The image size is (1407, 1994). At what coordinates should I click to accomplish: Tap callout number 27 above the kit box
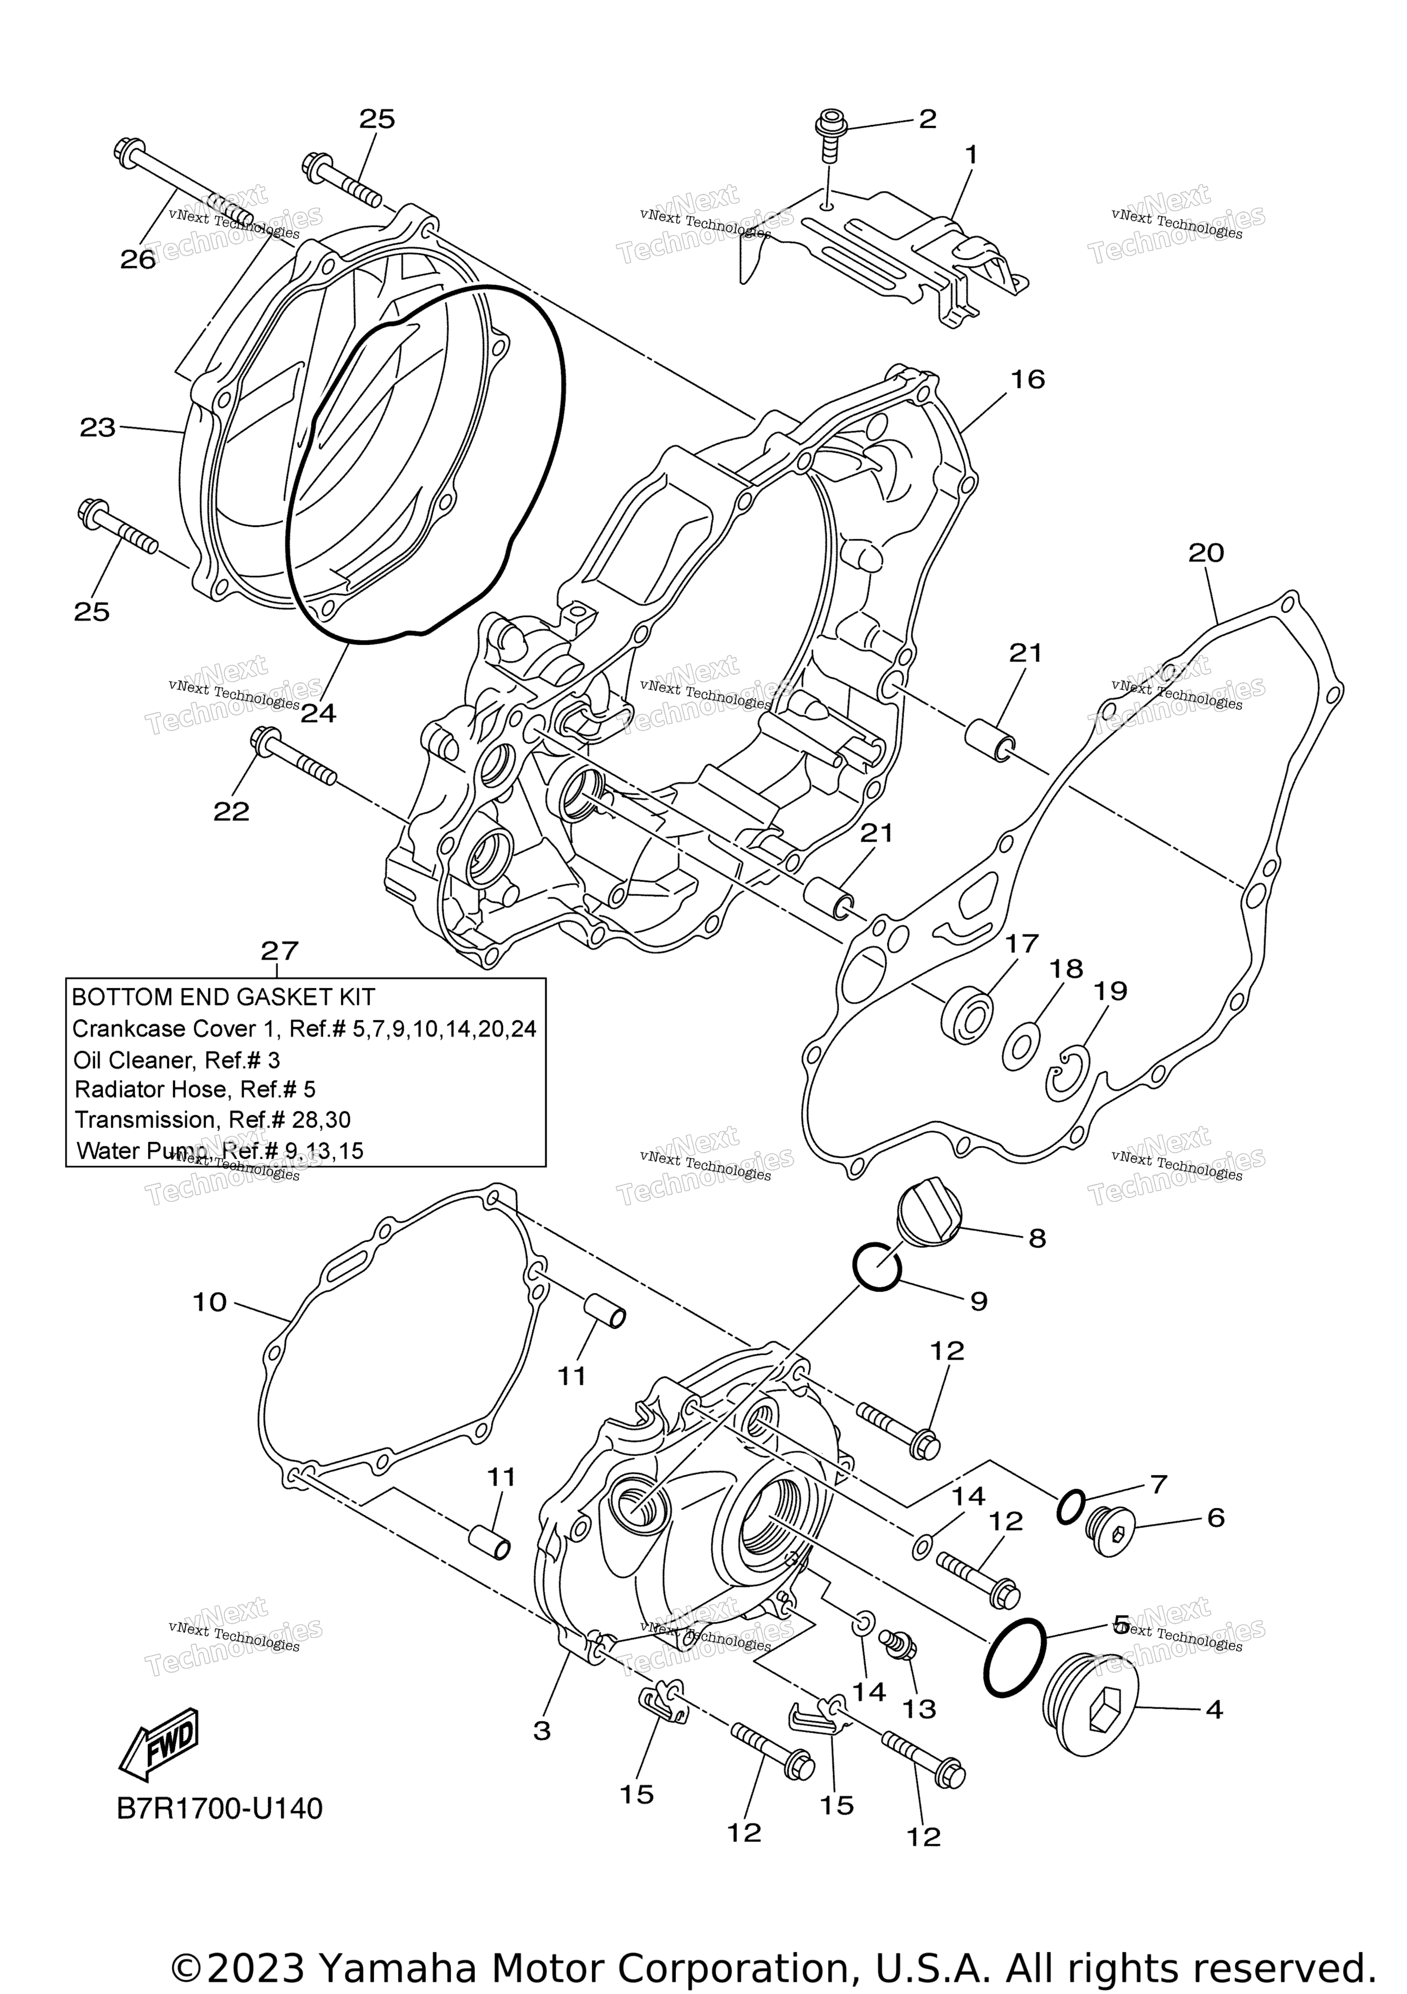(279, 951)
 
